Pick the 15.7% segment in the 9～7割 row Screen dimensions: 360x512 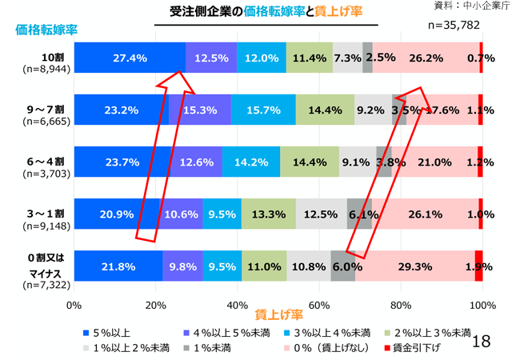point(263,110)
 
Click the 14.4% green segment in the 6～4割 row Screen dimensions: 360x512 point(310,162)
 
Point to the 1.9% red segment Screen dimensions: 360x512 point(478,266)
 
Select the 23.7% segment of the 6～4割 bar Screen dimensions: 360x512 point(122,162)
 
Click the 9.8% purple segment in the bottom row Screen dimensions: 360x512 point(182,266)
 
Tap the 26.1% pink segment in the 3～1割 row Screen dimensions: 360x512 point(425,214)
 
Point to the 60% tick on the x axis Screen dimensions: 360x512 point(319,305)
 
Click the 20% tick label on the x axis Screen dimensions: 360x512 point(156,305)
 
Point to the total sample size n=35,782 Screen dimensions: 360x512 point(454,25)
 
